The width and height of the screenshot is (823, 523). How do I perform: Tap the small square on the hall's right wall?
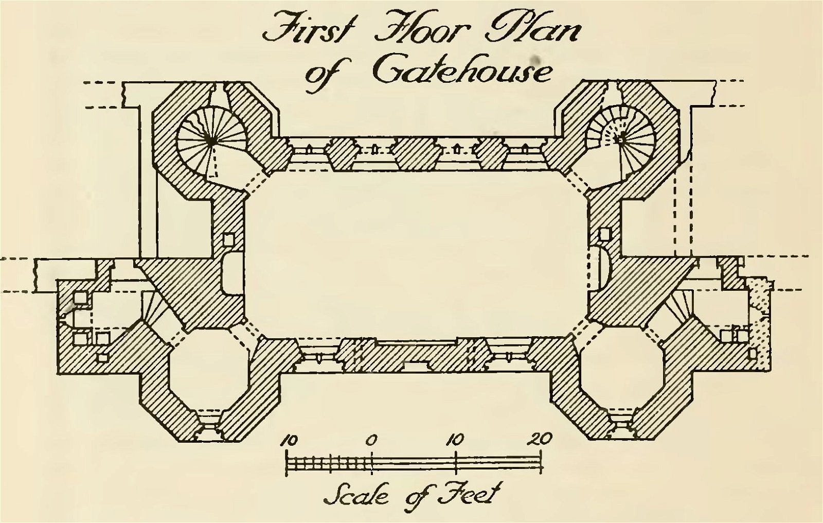pos(603,234)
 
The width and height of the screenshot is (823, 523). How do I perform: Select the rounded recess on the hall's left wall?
pos(231,273)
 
